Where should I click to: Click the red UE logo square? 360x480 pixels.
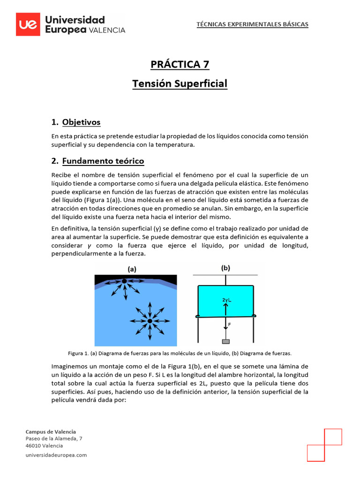[28, 24]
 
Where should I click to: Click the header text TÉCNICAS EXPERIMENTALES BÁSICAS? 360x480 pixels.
[252, 24]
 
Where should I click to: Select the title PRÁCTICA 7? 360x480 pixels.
[180, 64]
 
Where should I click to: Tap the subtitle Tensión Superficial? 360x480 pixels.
[180, 83]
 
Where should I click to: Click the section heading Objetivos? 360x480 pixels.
[81, 122]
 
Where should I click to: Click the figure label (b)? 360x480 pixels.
[226, 268]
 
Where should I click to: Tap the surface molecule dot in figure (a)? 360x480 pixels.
[124, 281]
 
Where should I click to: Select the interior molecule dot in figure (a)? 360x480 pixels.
[150, 321]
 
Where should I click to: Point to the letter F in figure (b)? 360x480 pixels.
[229, 324]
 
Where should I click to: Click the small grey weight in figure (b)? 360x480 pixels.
[226, 342]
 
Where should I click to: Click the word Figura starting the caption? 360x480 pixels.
[77, 352]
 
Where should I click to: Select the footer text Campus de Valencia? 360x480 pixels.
[51, 431]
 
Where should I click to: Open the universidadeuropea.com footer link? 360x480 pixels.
[56, 455]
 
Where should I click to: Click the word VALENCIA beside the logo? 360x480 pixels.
[107, 30]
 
